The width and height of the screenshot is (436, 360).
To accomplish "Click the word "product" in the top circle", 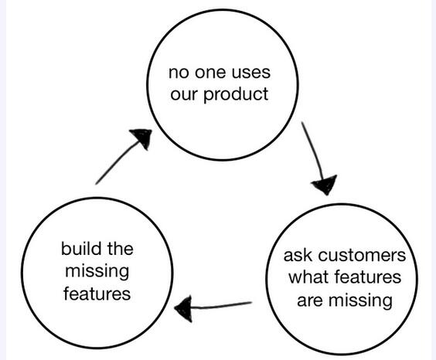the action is point(236,95).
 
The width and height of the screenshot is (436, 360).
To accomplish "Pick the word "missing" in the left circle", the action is point(97,271).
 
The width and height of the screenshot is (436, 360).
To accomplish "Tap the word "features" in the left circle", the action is point(97,294).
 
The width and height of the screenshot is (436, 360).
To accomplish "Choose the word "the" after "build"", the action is point(120,248).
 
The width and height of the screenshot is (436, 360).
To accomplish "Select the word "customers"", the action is point(362,256).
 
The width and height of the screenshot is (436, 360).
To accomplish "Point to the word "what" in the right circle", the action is point(308,277).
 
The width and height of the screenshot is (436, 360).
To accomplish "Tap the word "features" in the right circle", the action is point(368,277).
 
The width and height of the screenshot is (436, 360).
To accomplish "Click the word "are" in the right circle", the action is point(309,301).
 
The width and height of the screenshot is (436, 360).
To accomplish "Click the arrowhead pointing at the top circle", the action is point(141,138).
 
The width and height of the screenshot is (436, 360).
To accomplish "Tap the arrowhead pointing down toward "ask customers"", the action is point(325,185).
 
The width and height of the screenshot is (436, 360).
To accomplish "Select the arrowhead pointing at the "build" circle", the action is point(183,308).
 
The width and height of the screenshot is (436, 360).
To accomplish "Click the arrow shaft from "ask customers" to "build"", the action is point(222,306).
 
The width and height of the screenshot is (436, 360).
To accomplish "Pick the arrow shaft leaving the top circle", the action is point(314,150).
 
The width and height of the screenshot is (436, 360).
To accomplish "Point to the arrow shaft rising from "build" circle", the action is point(117,161).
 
